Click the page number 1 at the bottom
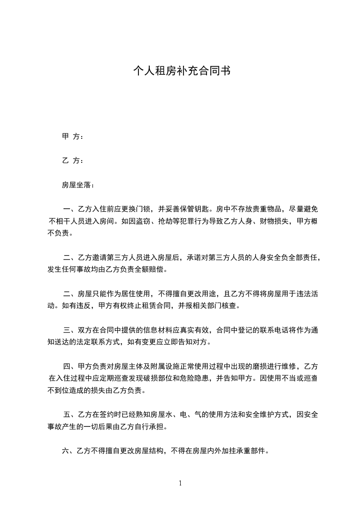(x=180, y=483)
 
